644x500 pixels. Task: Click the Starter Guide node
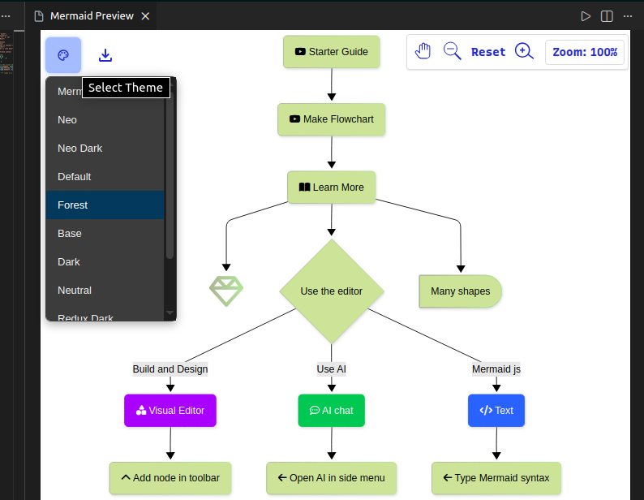331,52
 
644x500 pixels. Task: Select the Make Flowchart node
331,119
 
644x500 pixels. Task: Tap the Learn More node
331,187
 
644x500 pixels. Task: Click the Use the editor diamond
331,291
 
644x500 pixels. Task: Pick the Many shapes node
460,291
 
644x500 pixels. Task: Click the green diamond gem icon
226,291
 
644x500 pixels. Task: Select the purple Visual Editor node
170,411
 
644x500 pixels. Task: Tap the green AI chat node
331,411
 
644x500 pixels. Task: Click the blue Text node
496,411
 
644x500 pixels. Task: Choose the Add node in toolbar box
170,478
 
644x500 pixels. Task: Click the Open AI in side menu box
331,478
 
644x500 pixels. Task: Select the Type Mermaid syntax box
496,478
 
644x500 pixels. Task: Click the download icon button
105,55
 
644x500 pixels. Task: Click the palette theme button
63,55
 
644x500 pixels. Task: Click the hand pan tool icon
423,51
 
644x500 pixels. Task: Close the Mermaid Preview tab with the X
145,16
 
